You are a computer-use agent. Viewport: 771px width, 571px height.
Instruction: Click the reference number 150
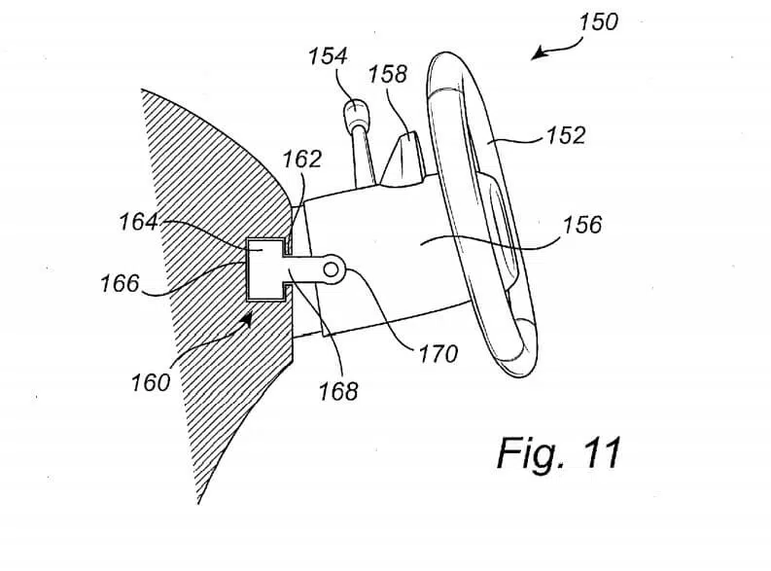pos(598,22)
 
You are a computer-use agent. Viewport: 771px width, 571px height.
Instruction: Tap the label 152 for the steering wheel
pos(566,135)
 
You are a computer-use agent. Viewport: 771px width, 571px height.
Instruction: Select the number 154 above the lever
pos(328,56)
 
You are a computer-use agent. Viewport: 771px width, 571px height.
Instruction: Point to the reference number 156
pos(582,225)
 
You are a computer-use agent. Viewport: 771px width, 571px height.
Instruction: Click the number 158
pos(388,74)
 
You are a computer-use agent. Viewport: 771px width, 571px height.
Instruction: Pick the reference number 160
pos(151,382)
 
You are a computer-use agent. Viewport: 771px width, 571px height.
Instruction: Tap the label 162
pos(302,159)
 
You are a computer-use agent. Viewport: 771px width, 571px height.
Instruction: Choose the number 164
pos(139,222)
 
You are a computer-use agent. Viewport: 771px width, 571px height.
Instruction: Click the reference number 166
pos(120,284)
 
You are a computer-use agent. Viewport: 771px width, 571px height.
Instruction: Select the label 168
pos(338,391)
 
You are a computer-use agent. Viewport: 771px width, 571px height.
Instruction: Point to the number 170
pos(438,354)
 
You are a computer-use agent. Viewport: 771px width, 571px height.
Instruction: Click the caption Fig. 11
pos(559,453)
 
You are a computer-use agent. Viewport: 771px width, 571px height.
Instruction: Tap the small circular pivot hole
pos(331,269)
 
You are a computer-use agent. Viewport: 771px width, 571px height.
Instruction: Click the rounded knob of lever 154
pos(354,113)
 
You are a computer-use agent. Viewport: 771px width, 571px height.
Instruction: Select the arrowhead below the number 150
pos(539,53)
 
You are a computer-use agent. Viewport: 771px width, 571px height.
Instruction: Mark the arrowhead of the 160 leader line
pos(247,319)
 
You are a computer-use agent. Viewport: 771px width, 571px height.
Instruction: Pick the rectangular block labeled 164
pos(265,269)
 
